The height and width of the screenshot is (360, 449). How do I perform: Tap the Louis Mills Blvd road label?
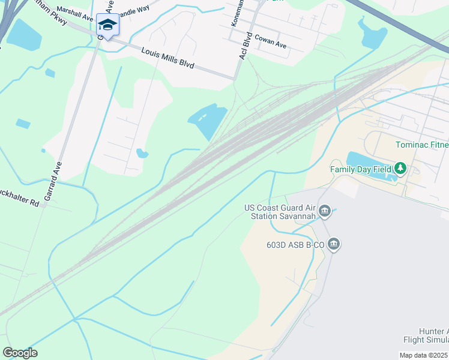(x=167, y=58)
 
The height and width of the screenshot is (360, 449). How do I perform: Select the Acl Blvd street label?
(x=245, y=46)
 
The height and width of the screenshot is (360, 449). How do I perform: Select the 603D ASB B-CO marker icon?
(x=334, y=244)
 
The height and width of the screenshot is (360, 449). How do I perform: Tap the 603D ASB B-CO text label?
(x=295, y=245)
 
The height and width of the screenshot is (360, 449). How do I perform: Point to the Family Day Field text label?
(x=361, y=169)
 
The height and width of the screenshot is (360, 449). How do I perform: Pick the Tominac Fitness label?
(x=422, y=145)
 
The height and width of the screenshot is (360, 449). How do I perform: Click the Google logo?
(x=20, y=353)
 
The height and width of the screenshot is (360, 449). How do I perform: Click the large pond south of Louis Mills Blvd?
(x=208, y=120)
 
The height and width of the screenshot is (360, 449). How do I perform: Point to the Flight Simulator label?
(x=426, y=340)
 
